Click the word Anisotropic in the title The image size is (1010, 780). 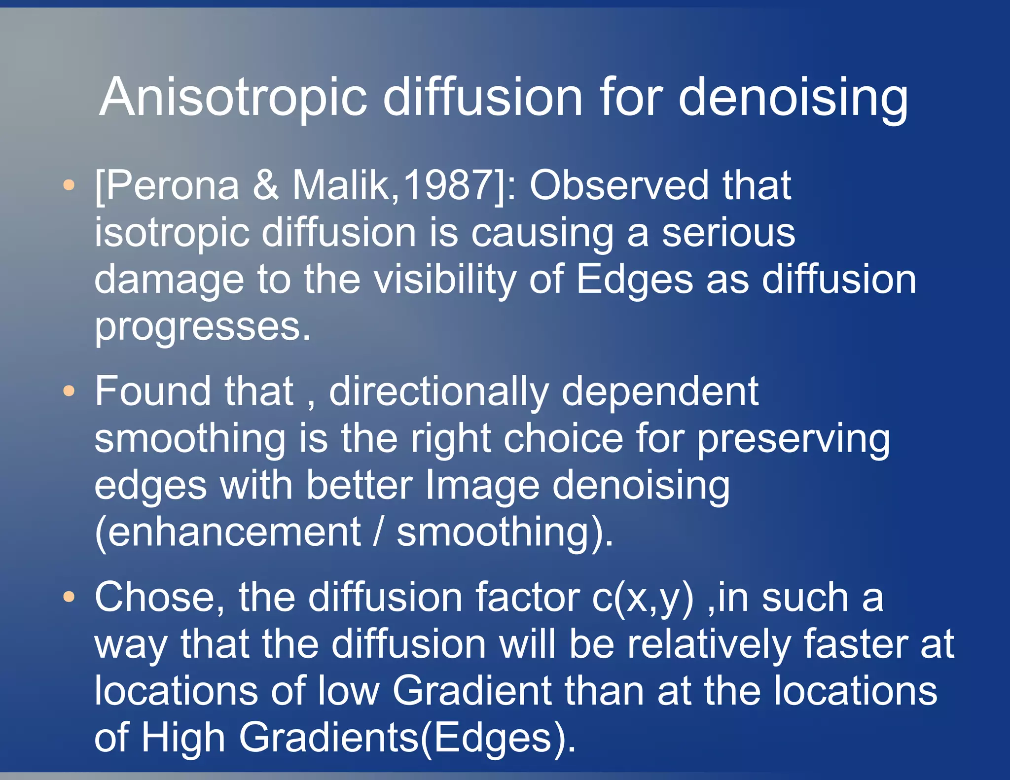(x=233, y=98)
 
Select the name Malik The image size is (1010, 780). (x=344, y=186)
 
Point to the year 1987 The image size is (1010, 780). (x=448, y=186)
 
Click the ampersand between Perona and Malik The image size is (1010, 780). (x=266, y=186)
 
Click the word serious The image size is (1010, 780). (x=728, y=233)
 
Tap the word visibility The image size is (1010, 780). (x=444, y=280)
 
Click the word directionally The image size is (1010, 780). (x=439, y=391)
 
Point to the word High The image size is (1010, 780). (x=183, y=738)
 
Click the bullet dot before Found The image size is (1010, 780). (x=69, y=391)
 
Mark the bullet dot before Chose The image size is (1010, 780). (x=69, y=598)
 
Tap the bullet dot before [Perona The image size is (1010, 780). (x=69, y=186)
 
